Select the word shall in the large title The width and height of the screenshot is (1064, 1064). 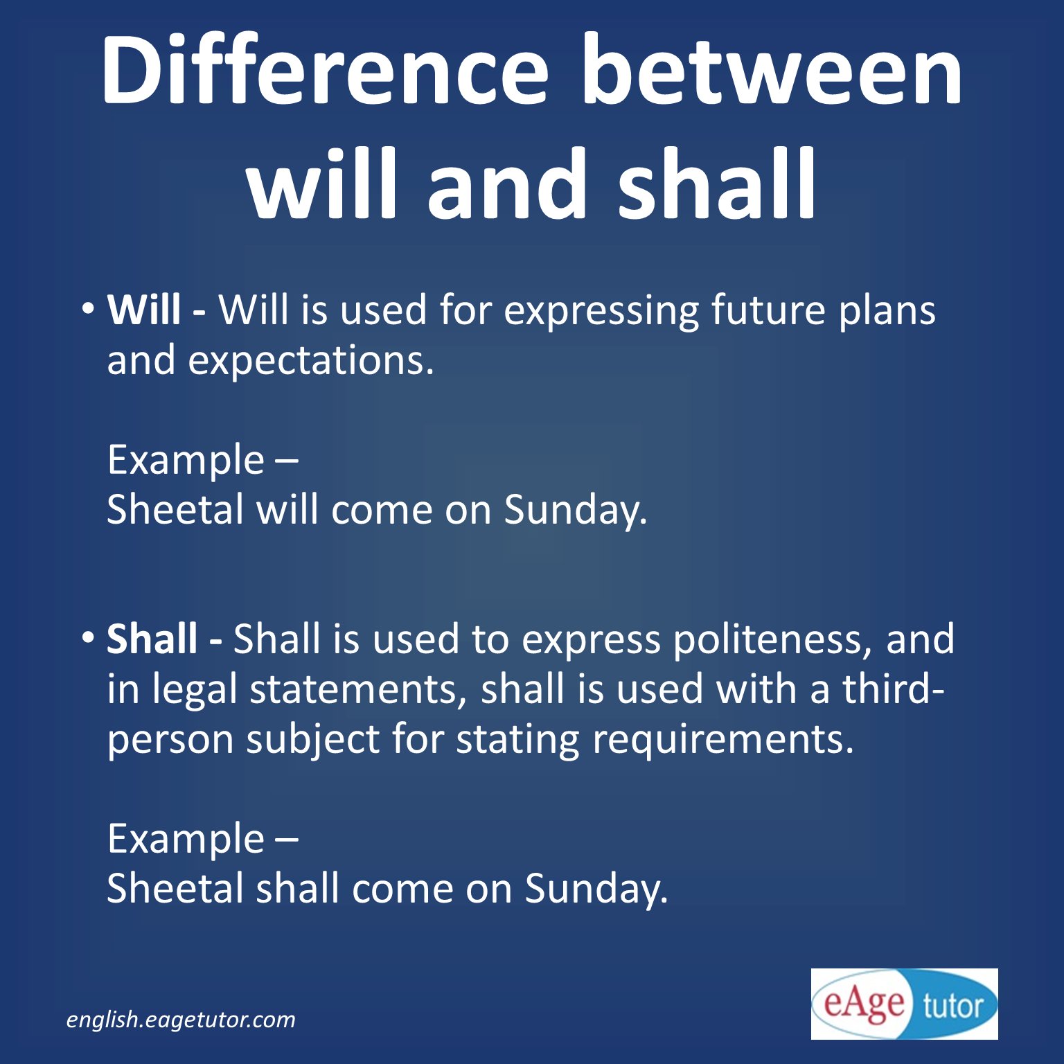click(717, 186)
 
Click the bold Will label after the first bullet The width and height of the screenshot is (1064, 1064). click(144, 310)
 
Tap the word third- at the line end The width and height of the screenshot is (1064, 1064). click(893, 689)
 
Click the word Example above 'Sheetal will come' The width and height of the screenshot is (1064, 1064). click(186, 461)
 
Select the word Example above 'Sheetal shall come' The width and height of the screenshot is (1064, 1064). click(186, 839)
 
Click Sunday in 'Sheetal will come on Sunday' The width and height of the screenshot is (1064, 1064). click(575, 511)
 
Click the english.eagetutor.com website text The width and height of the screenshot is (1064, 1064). click(181, 1020)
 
